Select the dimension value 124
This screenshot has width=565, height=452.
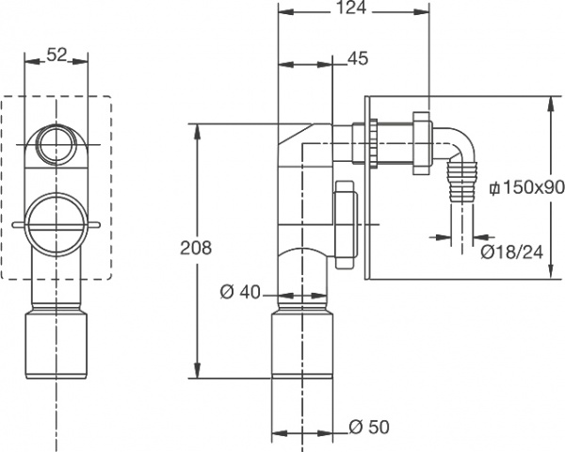tap(356, 11)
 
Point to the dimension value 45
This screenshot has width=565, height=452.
tap(357, 58)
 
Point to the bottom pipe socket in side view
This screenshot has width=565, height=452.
tap(303, 348)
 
